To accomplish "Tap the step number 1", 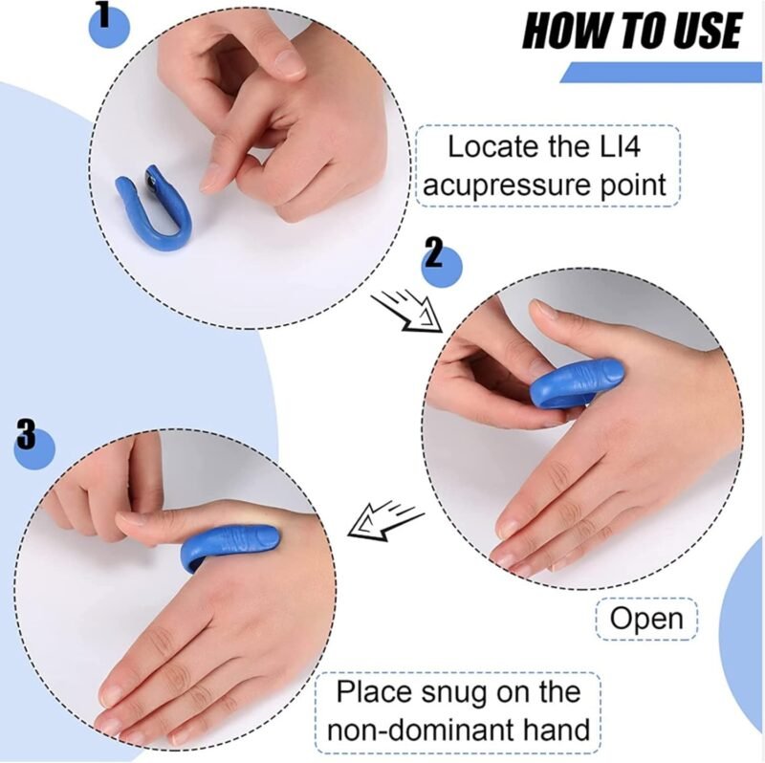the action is [x=104, y=13].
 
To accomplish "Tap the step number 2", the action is [x=435, y=252].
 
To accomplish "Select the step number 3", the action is [x=27, y=435].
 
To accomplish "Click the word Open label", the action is [x=646, y=618].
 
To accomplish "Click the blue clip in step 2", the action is [x=576, y=384].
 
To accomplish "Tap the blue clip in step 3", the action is [x=228, y=546].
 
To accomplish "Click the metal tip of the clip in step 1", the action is [x=153, y=178].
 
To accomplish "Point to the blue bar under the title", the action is [x=661, y=73].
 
